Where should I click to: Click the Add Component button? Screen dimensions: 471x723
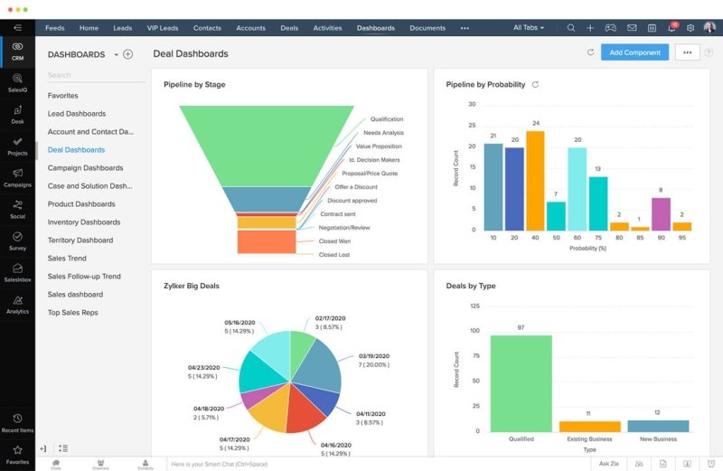click(x=634, y=52)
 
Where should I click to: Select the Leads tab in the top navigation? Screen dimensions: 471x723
click(x=122, y=28)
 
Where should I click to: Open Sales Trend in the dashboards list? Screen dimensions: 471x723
click(x=67, y=259)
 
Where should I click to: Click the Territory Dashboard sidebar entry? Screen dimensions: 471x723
click(x=80, y=240)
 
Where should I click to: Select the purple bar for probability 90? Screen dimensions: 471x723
click(x=661, y=213)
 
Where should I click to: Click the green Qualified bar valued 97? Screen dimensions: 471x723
click(x=521, y=383)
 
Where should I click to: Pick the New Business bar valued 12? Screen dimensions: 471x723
click(x=658, y=426)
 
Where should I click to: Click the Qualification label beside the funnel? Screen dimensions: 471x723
click(x=387, y=119)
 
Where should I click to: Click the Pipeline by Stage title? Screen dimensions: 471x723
click(x=194, y=85)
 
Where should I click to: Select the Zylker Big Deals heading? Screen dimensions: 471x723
click(x=192, y=286)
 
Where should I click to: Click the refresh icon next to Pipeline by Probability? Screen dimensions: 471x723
click(x=535, y=85)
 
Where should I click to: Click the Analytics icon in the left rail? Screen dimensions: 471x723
click(x=17, y=301)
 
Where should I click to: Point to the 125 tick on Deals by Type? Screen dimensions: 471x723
click(x=475, y=306)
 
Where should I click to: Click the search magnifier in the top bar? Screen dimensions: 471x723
click(x=570, y=28)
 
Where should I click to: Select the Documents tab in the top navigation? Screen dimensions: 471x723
click(x=427, y=28)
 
